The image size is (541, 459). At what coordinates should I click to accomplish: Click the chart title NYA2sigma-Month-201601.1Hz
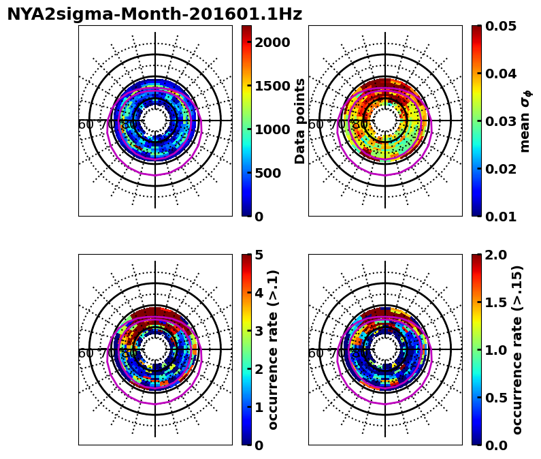pos(154,14)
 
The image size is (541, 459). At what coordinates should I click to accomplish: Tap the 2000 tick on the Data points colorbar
pos(272,42)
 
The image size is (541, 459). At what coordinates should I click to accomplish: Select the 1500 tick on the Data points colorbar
pos(272,86)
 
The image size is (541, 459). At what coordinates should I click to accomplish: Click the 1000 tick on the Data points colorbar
pos(272,129)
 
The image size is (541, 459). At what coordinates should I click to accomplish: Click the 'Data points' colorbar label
pos(300,121)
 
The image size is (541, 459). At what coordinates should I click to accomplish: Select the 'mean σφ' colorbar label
pos(525,121)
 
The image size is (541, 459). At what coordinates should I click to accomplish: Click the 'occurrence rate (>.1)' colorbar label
pos(274,349)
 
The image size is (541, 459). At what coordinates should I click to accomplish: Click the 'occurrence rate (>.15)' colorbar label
pos(518,349)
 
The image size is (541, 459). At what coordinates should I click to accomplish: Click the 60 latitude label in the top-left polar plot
pos(86,125)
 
